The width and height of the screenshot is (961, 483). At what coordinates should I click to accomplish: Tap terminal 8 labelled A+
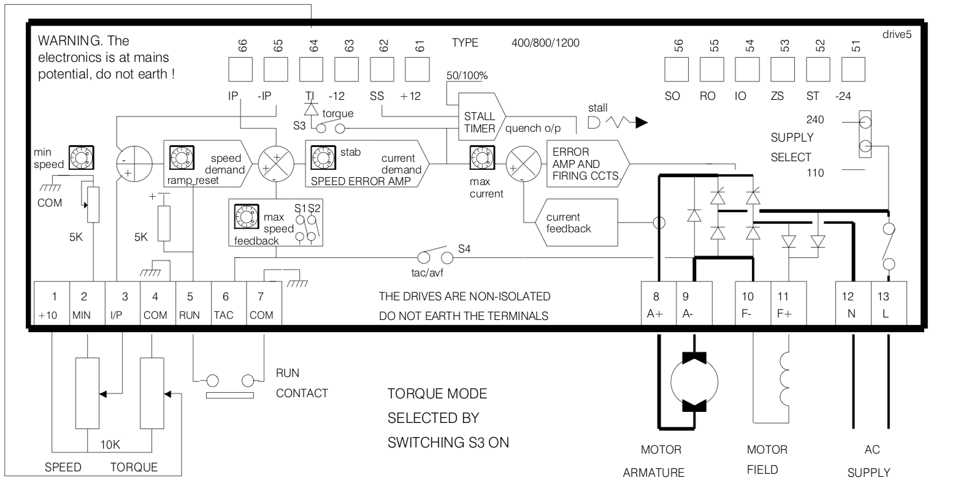coord(658,305)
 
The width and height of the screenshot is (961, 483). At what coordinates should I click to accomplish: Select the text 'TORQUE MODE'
coord(438,393)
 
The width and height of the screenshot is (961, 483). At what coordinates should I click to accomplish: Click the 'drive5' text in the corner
coord(897,34)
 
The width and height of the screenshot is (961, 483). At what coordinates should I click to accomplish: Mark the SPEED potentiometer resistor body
coord(87,392)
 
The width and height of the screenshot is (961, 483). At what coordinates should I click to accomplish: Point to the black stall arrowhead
coord(640,123)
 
